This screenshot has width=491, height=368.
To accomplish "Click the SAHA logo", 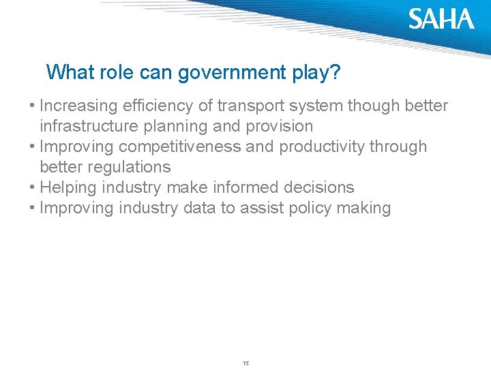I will (x=441, y=19).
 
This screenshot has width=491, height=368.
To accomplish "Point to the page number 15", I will (x=245, y=363).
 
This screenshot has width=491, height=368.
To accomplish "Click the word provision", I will (x=278, y=127).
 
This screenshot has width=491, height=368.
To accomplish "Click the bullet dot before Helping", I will (x=32, y=188).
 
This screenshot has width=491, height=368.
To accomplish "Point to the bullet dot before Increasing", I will (x=32, y=106).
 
